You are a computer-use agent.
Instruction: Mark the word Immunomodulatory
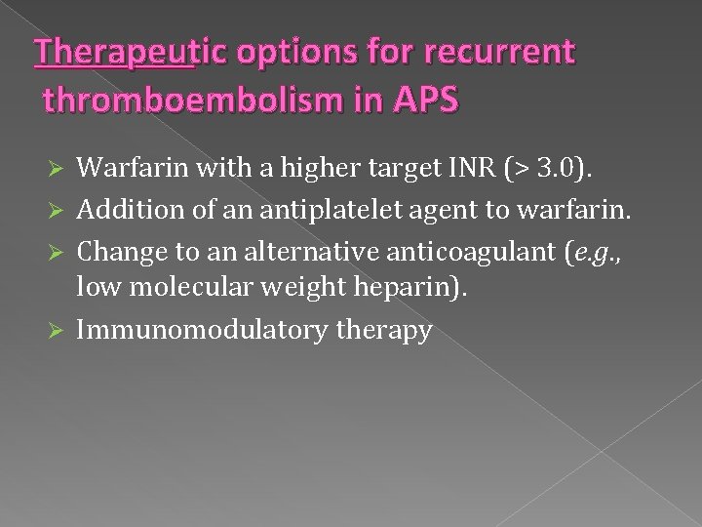[202, 329]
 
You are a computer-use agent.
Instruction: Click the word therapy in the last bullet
[383, 330]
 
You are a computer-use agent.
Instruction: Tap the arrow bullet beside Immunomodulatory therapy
[56, 330]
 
